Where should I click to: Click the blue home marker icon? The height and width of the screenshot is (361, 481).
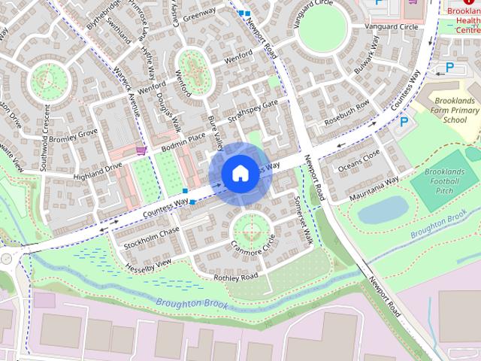click(239, 174)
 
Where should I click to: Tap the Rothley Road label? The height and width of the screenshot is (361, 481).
click(236, 277)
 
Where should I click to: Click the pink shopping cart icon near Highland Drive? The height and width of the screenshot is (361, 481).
click(141, 150)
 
